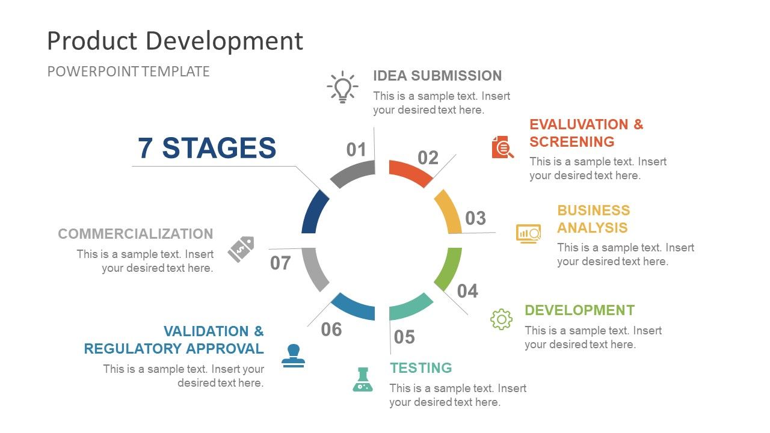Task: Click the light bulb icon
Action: tap(342, 87)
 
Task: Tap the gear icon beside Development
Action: tap(501, 319)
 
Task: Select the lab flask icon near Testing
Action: tap(363, 379)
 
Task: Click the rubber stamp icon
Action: tap(293, 355)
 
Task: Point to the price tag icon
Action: tap(241, 249)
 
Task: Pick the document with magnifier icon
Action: tap(502, 147)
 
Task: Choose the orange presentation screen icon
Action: tap(528, 234)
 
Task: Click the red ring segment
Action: tap(410, 173)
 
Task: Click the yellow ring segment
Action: tap(449, 211)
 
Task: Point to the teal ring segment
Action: tap(410, 307)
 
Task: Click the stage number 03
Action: tap(475, 218)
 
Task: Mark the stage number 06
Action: tap(331, 329)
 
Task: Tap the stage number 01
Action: tap(356, 150)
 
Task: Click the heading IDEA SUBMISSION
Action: tap(437, 76)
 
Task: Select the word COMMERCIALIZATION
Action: tap(135, 234)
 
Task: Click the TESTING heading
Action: tap(420, 367)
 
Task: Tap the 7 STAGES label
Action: tap(207, 148)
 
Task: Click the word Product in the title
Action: tap(92, 40)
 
